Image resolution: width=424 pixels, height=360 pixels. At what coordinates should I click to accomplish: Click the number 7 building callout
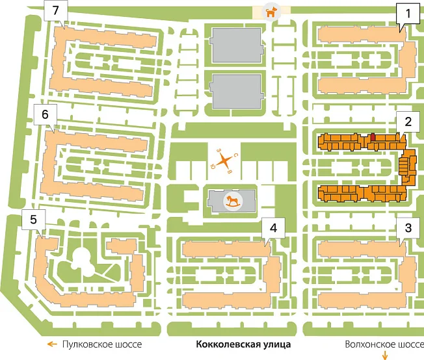coord(56,11)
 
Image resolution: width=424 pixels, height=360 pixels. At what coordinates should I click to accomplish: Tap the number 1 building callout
coord(408,14)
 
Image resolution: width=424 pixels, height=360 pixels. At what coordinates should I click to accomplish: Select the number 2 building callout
coord(408,122)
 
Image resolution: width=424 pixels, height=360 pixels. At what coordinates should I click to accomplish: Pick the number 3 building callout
coord(408,228)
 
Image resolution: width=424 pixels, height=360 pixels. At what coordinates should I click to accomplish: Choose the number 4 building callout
coord(273,228)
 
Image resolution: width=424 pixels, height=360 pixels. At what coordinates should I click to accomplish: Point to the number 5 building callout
coord(33,220)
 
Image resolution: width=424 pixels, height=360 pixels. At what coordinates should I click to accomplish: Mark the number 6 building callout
coord(45,114)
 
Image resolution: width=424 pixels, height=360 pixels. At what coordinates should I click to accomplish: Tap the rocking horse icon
coord(233,201)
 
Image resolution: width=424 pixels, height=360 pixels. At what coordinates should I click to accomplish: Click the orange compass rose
coord(224,161)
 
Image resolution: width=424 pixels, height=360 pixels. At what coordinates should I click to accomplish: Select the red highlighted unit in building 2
coord(373,137)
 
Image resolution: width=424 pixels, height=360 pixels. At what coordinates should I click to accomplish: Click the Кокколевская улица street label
coord(243,344)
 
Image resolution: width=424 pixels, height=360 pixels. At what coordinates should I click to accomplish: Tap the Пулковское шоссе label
coord(102,344)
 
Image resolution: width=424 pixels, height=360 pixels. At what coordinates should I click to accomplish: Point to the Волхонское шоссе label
coord(384,344)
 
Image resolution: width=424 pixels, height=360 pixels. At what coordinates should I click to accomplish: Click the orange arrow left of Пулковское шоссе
coord(52,344)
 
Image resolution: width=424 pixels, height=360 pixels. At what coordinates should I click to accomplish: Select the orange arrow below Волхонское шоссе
coord(385,355)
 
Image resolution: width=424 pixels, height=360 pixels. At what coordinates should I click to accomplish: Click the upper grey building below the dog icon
coord(237,45)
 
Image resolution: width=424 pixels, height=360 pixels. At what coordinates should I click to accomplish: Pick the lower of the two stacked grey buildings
coord(237,92)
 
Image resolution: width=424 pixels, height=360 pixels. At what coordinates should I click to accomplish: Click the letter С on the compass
coord(235,155)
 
